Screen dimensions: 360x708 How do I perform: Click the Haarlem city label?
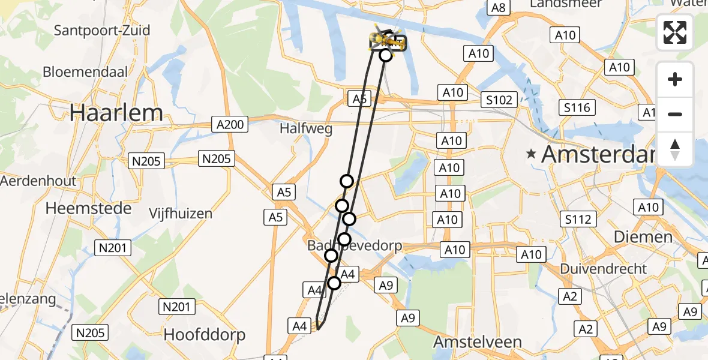pos(116,113)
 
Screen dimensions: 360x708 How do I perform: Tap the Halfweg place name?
pos(306,129)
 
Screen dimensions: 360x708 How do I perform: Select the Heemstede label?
pos(88,209)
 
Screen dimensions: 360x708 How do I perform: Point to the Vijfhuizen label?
pos(181,214)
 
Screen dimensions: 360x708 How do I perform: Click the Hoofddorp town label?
pos(205,335)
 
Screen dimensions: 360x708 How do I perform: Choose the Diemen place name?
pos(643,237)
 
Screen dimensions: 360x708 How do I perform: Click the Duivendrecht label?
pos(604,268)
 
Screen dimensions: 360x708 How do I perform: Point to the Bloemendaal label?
pos(86,72)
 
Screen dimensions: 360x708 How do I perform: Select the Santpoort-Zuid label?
pos(102,30)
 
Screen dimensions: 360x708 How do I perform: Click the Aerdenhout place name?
pos(38,181)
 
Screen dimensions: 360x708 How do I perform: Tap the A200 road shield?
pos(230,125)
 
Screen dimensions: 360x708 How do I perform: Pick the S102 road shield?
pos(499,100)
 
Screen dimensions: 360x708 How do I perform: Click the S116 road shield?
pos(577,108)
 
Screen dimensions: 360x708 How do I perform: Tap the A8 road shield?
pos(498,7)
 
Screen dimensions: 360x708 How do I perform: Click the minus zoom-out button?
pos(675,114)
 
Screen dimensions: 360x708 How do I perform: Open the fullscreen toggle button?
pos(675,32)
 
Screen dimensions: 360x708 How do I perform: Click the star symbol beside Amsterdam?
pos(531,154)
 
